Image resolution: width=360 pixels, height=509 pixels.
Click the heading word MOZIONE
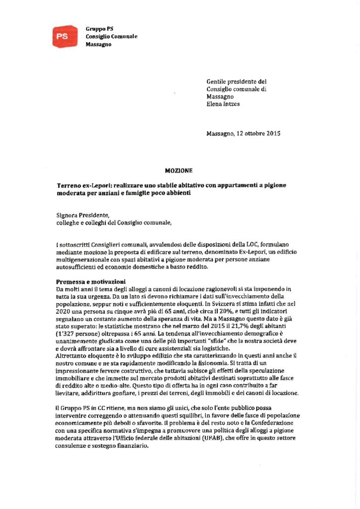179,170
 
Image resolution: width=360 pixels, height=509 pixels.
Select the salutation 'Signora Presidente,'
82,215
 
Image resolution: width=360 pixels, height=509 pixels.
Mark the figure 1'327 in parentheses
69,335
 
